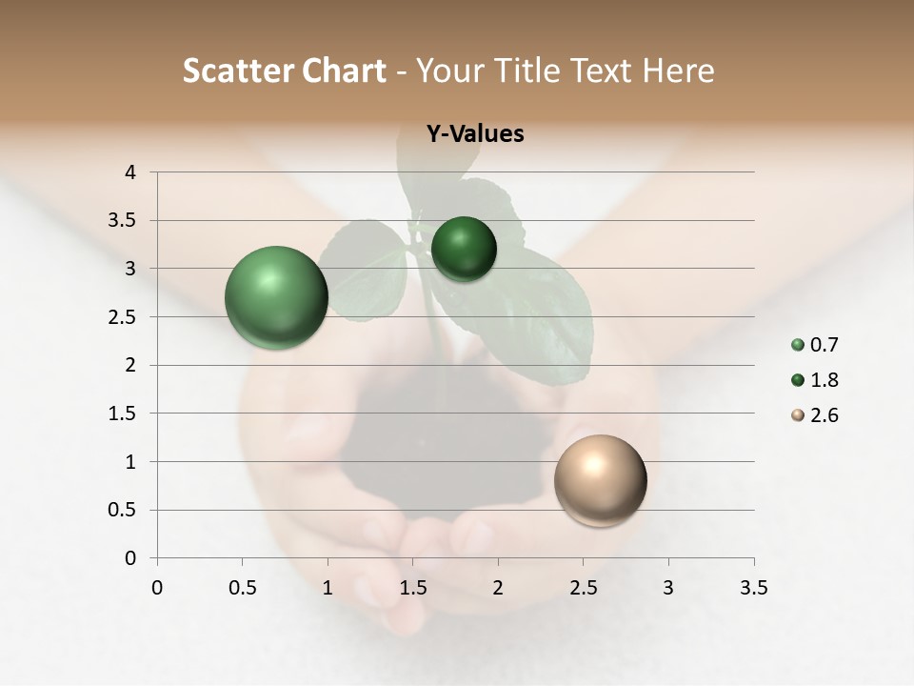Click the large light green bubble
(276, 297)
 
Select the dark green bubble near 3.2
(464, 249)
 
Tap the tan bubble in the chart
(600, 480)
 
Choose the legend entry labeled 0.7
(814, 345)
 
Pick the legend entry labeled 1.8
(814, 380)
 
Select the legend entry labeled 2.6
(814, 415)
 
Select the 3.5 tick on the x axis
(753, 588)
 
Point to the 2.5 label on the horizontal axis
(583, 588)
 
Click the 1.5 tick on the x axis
(412, 588)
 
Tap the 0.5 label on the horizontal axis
(242, 588)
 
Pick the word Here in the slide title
(678, 71)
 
